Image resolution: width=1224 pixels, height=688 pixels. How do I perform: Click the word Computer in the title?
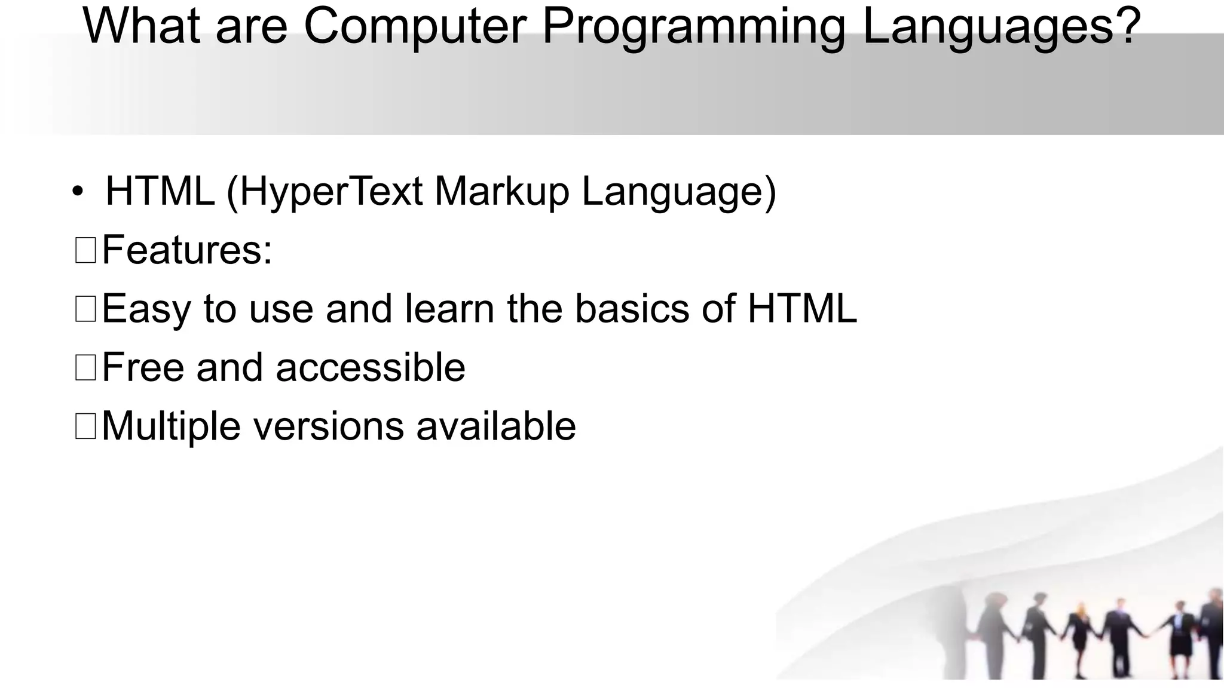coord(415,26)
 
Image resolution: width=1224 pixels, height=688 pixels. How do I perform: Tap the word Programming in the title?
coord(693,27)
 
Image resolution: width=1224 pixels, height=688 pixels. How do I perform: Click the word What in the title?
coord(141,26)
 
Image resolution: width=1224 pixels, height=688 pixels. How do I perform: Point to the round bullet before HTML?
coord(78,193)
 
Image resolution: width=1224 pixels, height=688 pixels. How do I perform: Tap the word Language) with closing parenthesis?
coord(678,192)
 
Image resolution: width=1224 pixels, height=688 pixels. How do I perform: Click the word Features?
coord(187,250)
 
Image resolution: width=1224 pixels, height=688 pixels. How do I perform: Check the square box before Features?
coord(85,250)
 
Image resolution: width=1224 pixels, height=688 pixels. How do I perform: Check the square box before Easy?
coord(85,309)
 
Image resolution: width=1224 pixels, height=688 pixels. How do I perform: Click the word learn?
coord(449,309)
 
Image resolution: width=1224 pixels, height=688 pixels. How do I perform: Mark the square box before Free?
coord(85,367)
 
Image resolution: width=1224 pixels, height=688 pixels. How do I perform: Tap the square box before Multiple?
coord(85,426)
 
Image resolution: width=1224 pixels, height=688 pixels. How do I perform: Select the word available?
coord(496,426)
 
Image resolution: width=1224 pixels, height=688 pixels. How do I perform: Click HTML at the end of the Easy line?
coord(802,309)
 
